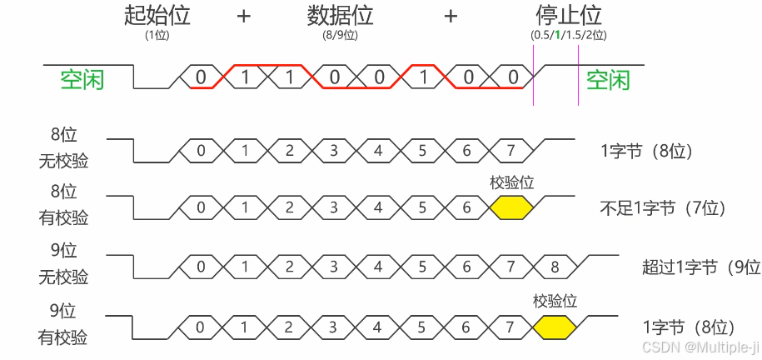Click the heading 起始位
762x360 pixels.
tap(157, 16)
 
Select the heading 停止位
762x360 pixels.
tap(569, 16)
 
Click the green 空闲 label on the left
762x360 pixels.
tap(82, 80)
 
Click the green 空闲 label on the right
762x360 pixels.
tap(608, 80)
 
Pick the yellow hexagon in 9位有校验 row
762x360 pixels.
tap(555, 327)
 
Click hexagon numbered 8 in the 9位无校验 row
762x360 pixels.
tap(555, 267)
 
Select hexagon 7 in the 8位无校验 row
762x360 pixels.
tap(511, 151)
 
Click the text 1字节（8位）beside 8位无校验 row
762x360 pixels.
tap(646, 152)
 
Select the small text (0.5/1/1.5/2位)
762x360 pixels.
tap(569, 35)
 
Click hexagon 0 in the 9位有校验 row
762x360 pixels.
tap(200, 327)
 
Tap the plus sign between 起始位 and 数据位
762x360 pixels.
tap(244, 16)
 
